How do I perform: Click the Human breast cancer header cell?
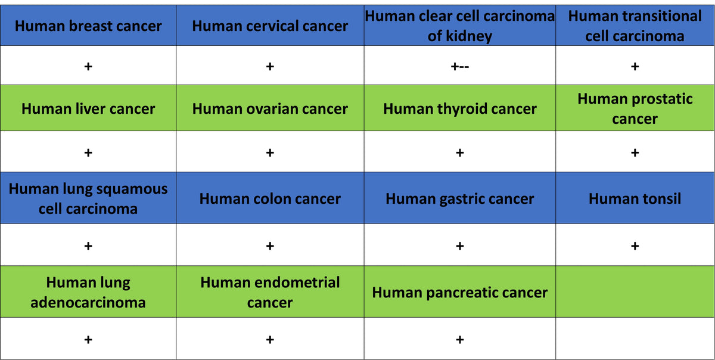(x=88, y=26)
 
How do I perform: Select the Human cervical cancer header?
(x=270, y=26)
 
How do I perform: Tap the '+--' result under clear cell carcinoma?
(x=459, y=66)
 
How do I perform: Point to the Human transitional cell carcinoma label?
(x=635, y=26)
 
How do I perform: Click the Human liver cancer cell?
(x=88, y=108)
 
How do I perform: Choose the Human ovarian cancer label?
(x=270, y=108)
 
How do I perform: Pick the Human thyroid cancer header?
(x=459, y=108)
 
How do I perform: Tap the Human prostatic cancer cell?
(x=635, y=108)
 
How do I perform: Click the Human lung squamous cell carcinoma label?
(x=88, y=198)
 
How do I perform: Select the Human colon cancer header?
(x=270, y=198)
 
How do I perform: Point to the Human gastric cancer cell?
(x=459, y=198)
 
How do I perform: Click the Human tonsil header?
(x=635, y=198)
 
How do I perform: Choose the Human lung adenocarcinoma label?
(x=88, y=292)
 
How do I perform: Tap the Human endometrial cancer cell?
(x=270, y=292)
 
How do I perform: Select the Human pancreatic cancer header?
(x=459, y=292)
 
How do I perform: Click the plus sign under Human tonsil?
(x=635, y=246)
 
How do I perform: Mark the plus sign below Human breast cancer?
(x=88, y=66)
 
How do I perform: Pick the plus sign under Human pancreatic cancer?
(x=459, y=339)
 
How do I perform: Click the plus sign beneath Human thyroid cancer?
(x=459, y=153)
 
